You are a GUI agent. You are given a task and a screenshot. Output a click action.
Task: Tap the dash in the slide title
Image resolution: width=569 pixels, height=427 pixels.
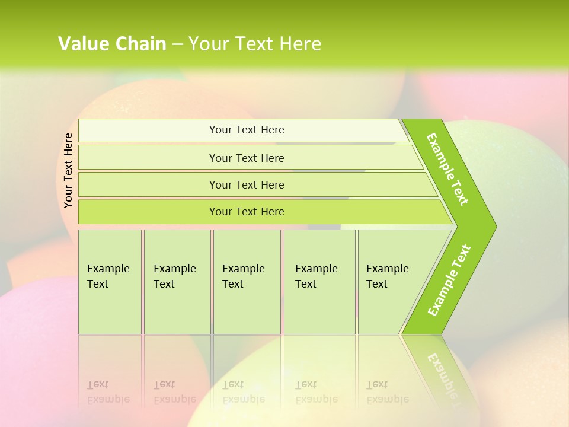[x=177, y=44]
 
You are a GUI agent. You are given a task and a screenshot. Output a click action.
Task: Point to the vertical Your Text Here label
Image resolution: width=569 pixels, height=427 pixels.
[x=68, y=170]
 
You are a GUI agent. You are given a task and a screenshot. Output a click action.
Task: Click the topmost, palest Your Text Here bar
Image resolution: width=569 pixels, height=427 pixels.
[x=247, y=130]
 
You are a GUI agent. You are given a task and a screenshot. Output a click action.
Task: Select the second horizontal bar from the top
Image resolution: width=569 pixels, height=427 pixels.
[x=247, y=158]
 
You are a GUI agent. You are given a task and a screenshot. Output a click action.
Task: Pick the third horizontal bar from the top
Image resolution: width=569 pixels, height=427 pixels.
[x=247, y=184]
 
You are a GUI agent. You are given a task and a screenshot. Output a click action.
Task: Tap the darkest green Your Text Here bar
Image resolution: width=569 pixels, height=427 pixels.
[x=247, y=212]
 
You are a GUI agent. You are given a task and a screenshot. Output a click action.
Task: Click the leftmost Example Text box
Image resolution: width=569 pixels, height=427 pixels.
[x=110, y=282]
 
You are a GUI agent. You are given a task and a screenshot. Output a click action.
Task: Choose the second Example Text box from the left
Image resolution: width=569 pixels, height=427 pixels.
[x=177, y=282]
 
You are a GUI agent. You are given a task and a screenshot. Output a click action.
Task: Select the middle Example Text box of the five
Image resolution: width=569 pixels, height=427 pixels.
[x=247, y=282]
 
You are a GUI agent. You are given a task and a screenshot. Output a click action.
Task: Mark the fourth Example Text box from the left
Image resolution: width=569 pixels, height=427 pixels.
[x=319, y=282]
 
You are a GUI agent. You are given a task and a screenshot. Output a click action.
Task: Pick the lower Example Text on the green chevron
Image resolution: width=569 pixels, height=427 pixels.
[x=449, y=280]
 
